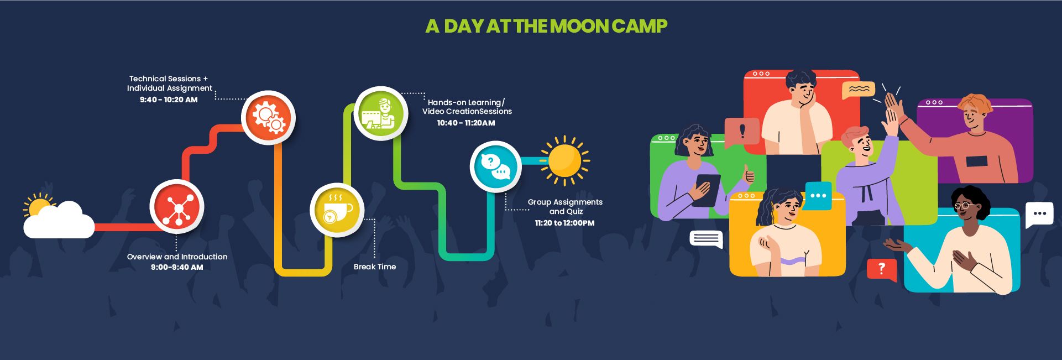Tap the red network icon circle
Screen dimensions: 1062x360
(x=177, y=207)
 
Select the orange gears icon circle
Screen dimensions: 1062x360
(x=269, y=117)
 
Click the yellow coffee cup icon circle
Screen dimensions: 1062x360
(x=337, y=210)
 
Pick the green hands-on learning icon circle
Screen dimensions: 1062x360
(x=381, y=113)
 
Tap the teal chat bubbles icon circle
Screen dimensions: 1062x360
(x=496, y=167)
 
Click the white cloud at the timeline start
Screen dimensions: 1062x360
(x=59, y=220)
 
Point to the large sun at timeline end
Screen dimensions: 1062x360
(x=564, y=161)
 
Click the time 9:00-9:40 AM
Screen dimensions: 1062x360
(x=177, y=267)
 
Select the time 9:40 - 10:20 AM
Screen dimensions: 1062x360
(x=169, y=100)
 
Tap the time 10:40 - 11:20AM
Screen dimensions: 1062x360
(x=466, y=123)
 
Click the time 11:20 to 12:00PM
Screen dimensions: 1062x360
(x=564, y=223)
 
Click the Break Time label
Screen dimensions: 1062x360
(x=375, y=267)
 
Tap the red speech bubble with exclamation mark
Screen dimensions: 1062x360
(x=741, y=132)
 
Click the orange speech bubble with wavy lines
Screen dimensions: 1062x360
(x=859, y=90)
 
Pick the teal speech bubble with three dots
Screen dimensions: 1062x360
(x=818, y=196)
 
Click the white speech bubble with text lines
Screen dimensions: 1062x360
(x=707, y=239)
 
